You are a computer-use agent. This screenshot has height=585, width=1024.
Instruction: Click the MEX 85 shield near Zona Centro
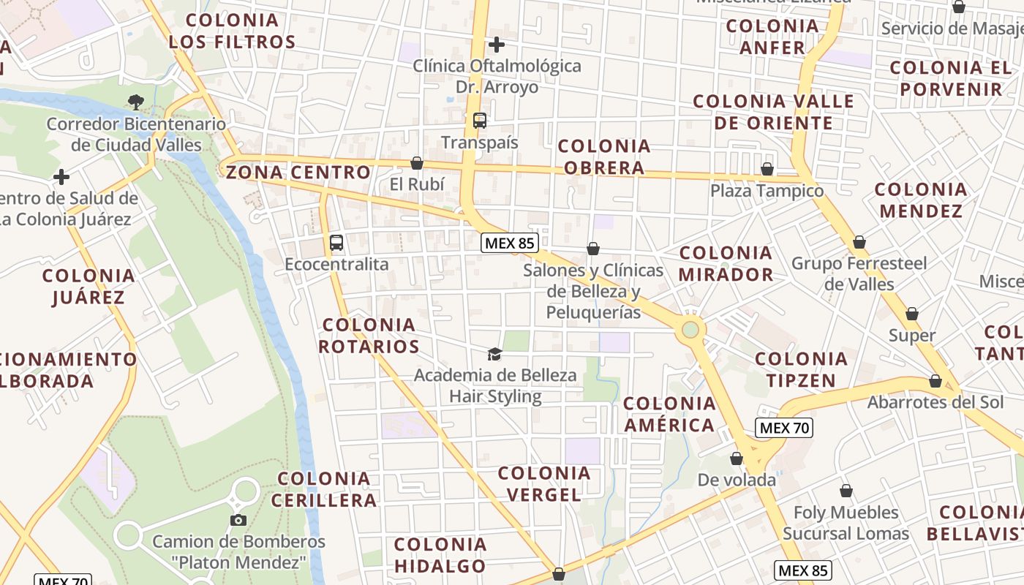(510, 243)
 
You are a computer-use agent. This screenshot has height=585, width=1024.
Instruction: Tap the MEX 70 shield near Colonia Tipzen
(783, 428)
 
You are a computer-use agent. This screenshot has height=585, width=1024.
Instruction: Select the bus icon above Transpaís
(480, 121)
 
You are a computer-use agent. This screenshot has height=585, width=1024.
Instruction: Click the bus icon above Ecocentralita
(336, 243)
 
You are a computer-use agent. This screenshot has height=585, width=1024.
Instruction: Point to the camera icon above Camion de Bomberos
(238, 520)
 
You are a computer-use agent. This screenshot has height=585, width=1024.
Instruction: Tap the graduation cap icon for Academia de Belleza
(494, 355)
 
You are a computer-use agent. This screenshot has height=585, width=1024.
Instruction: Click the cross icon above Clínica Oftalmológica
(497, 45)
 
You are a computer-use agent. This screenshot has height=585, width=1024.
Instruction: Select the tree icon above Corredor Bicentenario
(135, 102)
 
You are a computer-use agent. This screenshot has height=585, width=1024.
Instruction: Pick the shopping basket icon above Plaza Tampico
(767, 170)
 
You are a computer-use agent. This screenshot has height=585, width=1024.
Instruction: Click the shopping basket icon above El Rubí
(417, 163)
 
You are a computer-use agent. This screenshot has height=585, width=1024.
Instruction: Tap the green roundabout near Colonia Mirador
(690, 330)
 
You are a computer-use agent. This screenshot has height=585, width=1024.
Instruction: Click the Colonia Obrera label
(604, 157)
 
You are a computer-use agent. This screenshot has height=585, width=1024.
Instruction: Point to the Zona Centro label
(298, 173)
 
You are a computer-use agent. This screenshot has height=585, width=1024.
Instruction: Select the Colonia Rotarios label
(369, 336)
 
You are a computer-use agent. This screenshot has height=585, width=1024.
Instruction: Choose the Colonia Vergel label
(543, 484)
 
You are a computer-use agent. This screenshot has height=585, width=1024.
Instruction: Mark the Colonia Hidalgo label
(440, 555)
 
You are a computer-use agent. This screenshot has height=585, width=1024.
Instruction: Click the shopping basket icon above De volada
(737, 459)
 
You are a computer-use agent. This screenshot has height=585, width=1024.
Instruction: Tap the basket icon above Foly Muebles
(846, 491)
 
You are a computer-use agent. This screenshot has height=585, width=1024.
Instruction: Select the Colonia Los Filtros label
(232, 31)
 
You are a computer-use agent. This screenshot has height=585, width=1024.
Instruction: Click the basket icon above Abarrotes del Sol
(935, 382)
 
